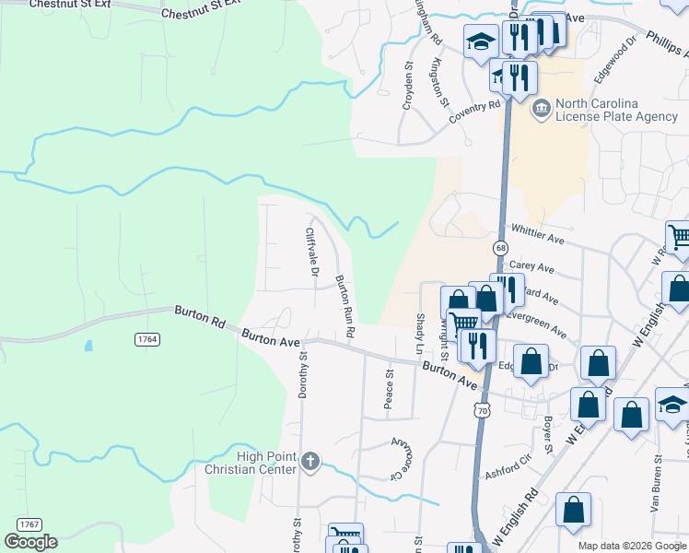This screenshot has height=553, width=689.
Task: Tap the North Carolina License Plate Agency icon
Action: click(541, 111)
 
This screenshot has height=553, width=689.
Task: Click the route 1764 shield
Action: click(147, 340)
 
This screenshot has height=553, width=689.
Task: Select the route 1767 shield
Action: click(29, 524)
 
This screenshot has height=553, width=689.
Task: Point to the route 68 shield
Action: click(500, 248)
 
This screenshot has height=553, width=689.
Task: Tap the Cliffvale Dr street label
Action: click(311, 253)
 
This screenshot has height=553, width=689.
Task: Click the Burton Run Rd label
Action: click(344, 306)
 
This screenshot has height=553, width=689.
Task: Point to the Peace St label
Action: click(389, 389)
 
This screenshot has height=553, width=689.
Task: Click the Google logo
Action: click(30, 542)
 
